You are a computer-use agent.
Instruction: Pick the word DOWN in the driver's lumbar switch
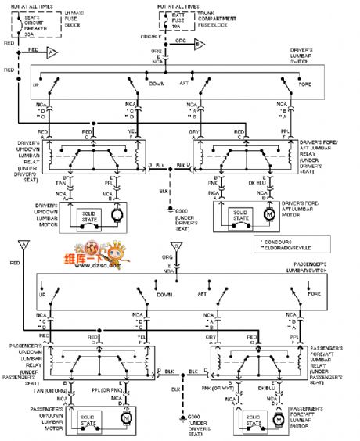[x=157, y=83]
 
